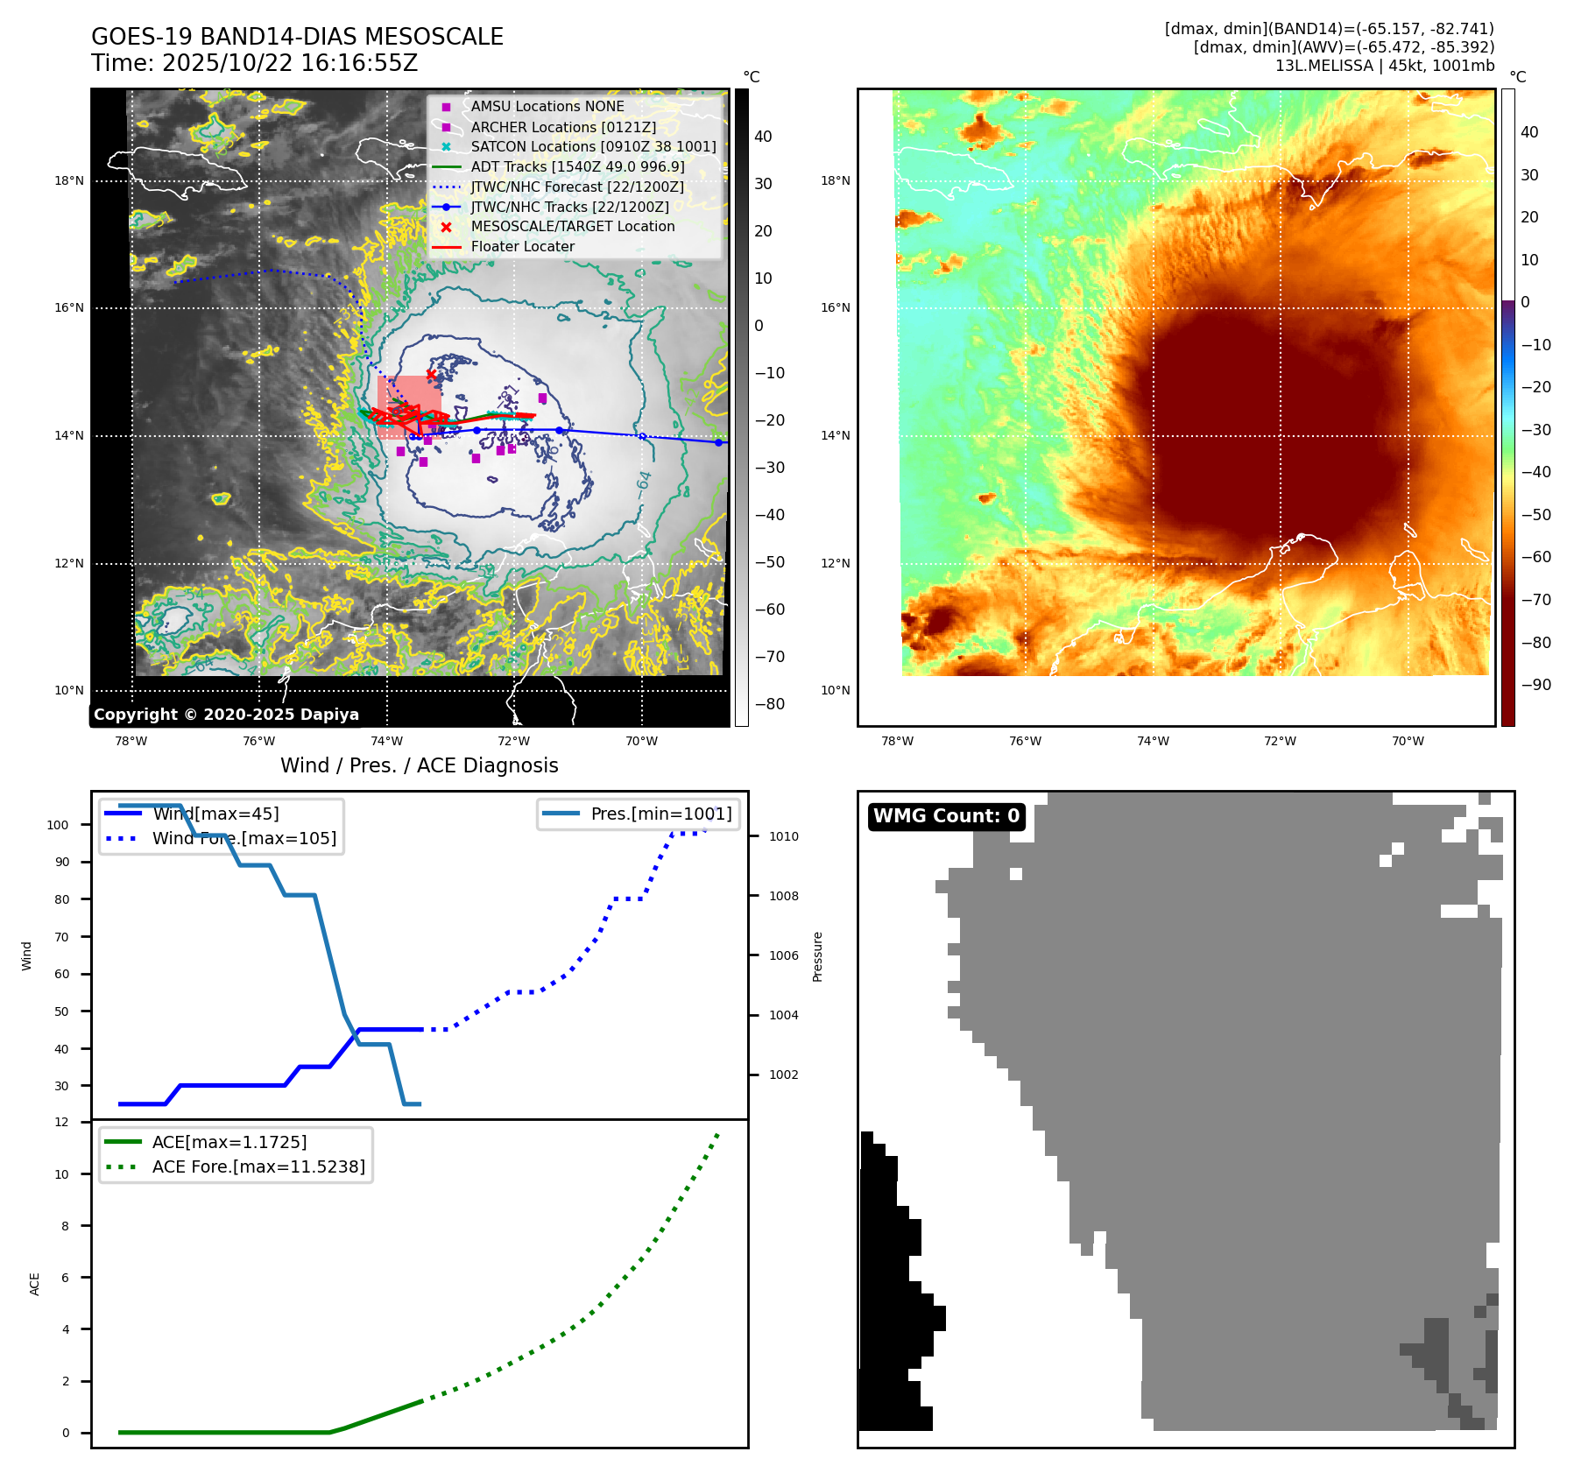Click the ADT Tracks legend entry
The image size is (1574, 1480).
(x=577, y=166)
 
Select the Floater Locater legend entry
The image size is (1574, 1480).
(x=522, y=246)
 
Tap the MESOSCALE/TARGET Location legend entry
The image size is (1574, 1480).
(x=573, y=226)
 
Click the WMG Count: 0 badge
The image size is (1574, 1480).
(x=946, y=816)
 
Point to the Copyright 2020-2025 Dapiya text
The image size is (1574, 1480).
(x=226, y=715)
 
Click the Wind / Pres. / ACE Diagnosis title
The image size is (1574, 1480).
(x=419, y=765)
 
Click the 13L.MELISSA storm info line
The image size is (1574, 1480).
(x=1384, y=66)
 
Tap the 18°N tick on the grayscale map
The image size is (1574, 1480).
(x=69, y=181)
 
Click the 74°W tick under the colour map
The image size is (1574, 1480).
(x=1153, y=741)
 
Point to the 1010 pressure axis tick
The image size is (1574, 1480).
(x=783, y=836)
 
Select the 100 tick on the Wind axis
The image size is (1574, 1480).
(x=58, y=825)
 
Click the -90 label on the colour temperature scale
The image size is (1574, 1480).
(x=1535, y=685)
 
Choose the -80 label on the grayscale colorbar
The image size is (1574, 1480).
(x=770, y=704)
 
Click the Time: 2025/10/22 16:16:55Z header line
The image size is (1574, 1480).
(x=254, y=63)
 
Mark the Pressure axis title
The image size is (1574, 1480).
(x=817, y=956)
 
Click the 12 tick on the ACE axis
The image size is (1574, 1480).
(x=61, y=1122)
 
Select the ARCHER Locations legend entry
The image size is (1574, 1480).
(x=563, y=127)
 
